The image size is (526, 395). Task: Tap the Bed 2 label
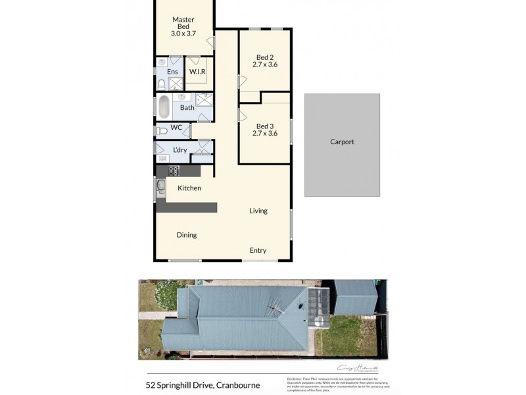(264, 61)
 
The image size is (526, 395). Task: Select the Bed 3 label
(264, 129)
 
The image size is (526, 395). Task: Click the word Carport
(342, 142)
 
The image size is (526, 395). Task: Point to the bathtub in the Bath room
(163, 107)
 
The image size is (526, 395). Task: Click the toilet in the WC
(161, 131)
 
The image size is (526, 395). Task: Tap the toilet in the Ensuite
(161, 84)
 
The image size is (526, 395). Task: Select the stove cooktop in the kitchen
(174, 171)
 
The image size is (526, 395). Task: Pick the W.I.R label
(197, 71)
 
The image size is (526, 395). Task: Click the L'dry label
(179, 150)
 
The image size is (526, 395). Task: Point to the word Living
(258, 211)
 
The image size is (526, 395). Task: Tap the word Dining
(186, 234)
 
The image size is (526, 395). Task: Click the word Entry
(258, 250)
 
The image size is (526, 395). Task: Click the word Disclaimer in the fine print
(294, 378)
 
